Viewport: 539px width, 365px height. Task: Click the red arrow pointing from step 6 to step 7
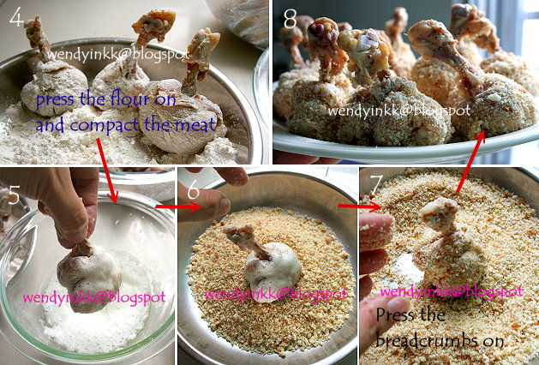coord(348,206)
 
